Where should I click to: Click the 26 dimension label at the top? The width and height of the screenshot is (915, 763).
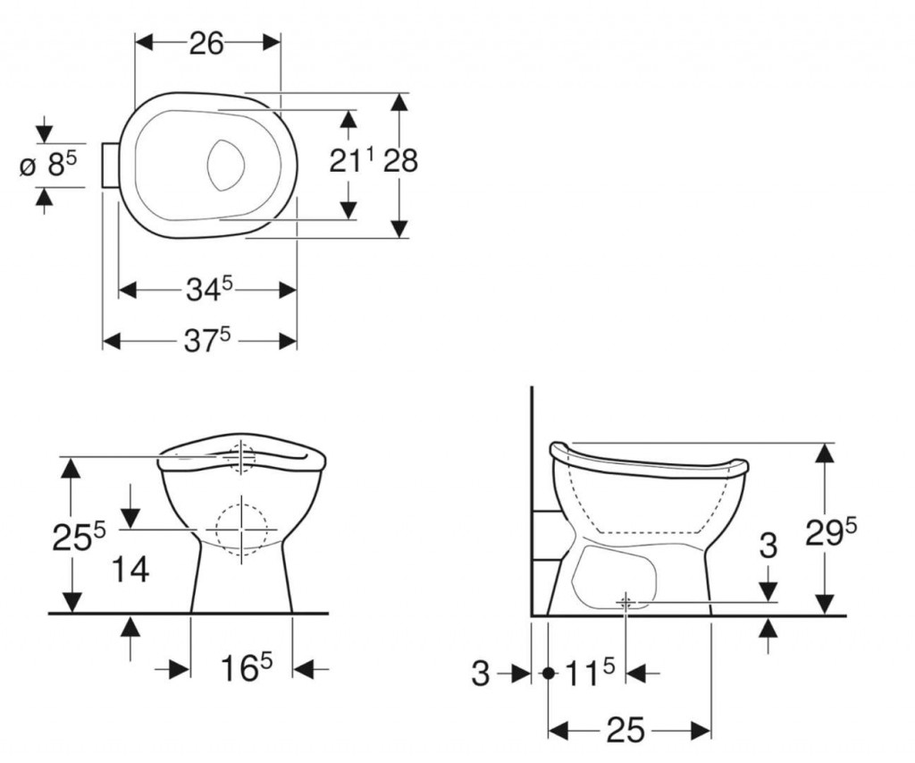206,44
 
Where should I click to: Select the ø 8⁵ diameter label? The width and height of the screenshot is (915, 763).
48,164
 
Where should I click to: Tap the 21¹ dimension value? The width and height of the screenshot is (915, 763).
352,160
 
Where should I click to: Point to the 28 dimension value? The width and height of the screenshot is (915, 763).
400,160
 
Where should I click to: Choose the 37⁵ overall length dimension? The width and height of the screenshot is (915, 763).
208,339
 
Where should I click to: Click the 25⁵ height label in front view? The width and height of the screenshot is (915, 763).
80,537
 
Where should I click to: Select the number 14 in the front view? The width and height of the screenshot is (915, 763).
130,569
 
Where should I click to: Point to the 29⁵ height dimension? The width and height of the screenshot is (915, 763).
831,532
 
